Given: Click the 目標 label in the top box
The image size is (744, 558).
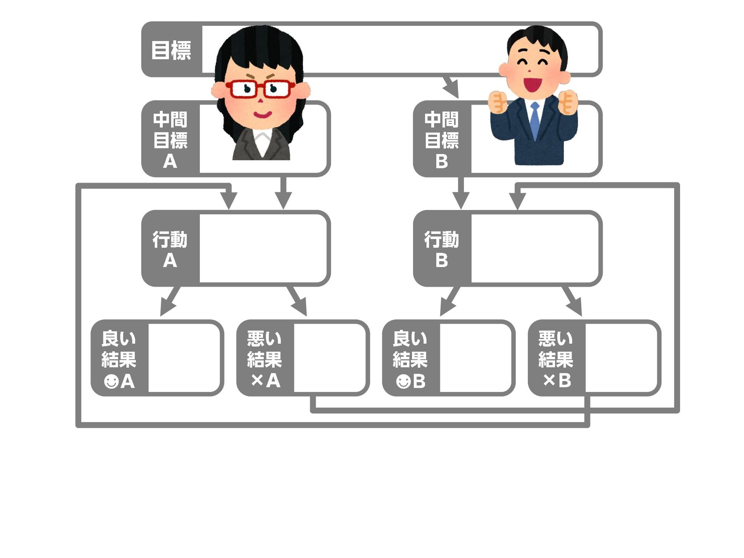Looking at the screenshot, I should point(171,50).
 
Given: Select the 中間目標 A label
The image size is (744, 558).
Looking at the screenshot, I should point(170,139).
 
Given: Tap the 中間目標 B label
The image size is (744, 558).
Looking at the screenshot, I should point(442,139).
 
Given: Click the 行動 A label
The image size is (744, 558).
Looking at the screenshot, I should point(170,249).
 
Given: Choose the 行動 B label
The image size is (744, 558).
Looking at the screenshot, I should point(442,249).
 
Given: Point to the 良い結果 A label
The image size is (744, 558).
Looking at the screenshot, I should point(119,359).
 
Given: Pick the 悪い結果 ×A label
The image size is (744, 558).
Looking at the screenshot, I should point(265,359).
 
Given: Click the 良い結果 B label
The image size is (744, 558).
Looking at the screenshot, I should point(410,359).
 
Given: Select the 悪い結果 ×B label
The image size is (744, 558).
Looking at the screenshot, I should point(556,359).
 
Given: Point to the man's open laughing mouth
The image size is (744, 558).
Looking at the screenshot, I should point(532,84).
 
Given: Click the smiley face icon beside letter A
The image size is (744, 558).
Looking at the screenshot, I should point(111,381).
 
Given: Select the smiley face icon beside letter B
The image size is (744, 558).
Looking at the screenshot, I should point(403,381).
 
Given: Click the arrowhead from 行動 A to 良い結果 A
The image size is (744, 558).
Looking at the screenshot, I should point(167,308).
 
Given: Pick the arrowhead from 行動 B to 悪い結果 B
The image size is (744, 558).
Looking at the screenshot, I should point(575,308).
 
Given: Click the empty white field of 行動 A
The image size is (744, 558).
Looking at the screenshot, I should point(263,248).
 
